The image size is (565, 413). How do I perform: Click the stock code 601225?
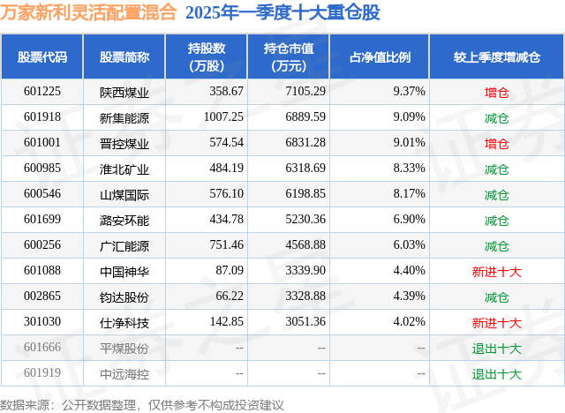pyautogui.click(x=42, y=92)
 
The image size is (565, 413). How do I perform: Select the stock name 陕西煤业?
pyautogui.click(x=124, y=92)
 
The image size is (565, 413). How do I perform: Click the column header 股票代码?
pyautogui.click(x=42, y=57)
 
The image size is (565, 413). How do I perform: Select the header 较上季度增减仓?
pyautogui.click(x=496, y=57)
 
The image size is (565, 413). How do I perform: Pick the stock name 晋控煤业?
pyautogui.click(x=124, y=143)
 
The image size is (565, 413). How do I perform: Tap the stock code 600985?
pyautogui.click(x=42, y=169)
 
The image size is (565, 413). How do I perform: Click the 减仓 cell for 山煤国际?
pyautogui.click(x=496, y=194)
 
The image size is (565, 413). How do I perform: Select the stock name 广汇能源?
pyautogui.click(x=124, y=245)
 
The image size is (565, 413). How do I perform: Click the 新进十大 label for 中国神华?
pyautogui.click(x=496, y=271)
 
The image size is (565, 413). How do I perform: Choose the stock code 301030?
pyautogui.click(x=42, y=322)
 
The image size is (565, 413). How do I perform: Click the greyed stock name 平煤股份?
pyautogui.click(x=124, y=348)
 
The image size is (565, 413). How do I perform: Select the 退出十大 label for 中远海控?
pyautogui.click(x=496, y=373)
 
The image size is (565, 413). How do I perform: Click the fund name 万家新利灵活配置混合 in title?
pyautogui.click(x=89, y=13)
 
